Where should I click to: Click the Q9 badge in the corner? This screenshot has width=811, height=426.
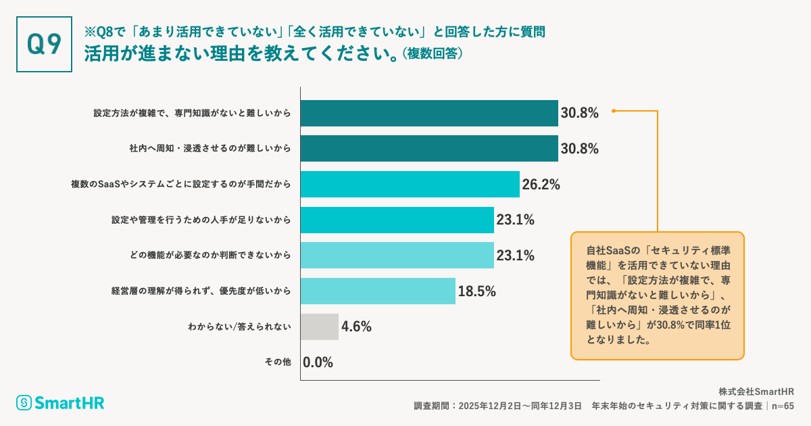pyautogui.click(x=44, y=44)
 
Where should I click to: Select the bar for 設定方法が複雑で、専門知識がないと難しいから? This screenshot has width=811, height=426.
pyautogui.click(x=429, y=113)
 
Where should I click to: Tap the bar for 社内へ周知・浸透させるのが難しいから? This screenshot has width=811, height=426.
pyautogui.click(x=429, y=148)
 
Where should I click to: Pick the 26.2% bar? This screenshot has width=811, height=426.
pyautogui.click(x=410, y=184)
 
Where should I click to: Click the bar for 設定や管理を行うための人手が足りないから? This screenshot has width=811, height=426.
pyautogui.click(x=397, y=219)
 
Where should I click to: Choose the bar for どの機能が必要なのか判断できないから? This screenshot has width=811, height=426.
pyautogui.click(x=397, y=255)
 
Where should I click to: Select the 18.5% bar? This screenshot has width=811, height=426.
pyautogui.click(x=378, y=291)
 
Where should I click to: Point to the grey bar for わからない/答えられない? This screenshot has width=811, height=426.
pyautogui.click(x=320, y=327)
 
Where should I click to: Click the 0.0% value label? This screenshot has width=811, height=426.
pyautogui.click(x=318, y=362)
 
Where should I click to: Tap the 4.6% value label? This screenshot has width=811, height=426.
pyautogui.click(x=356, y=327)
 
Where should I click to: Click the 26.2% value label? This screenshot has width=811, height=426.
pyautogui.click(x=541, y=184)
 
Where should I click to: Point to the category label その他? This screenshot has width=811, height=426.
pyautogui.click(x=277, y=362)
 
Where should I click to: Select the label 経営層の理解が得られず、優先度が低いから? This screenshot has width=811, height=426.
pyautogui.click(x=201, y=291)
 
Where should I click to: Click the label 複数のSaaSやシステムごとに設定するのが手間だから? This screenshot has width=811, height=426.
pyautogui.click(x=181, y=184)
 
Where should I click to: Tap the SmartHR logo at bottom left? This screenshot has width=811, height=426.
pyautogui.click(x=61, y=403)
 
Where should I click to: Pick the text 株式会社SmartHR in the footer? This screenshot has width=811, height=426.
pyautogui.click(x=756, y=392)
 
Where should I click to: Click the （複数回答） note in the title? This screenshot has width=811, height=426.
pyautogui.click(x=433, y=54)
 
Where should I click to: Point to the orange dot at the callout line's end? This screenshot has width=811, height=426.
pyautogui.click(x=613, y=111)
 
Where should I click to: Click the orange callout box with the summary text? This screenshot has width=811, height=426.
pyautogui.click(x=657, y=295)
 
